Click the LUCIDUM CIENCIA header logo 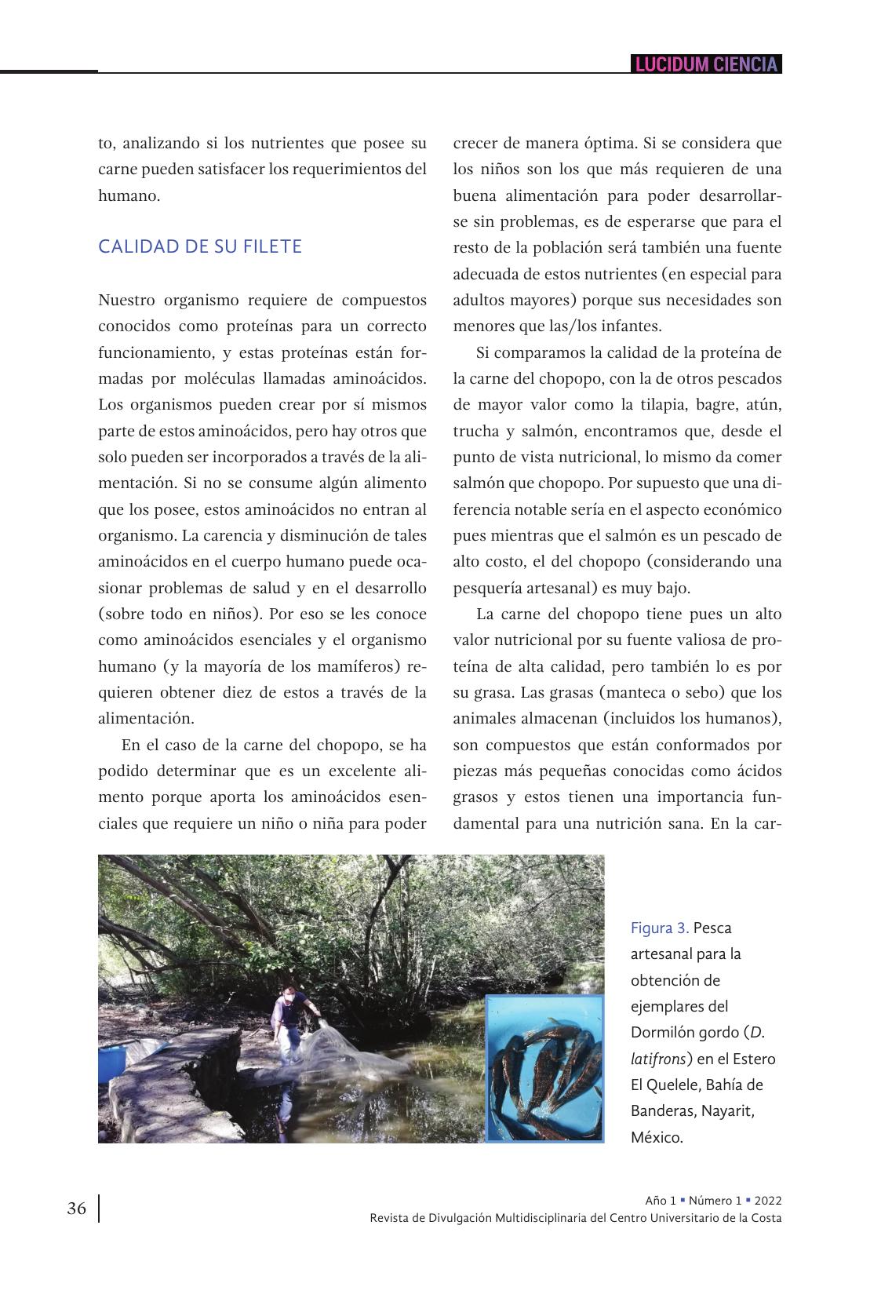pyautogui.click(x=706, y=64)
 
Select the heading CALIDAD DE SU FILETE pyautogui.click(x=200, y=246)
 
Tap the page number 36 pyautogui.click(x=77, y=1209)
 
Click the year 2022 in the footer pyautogui.click(x=768, y=1201)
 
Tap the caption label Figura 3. pyautogui.click(x=660, y=928)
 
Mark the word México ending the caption pyautogui.click(x=657, y=1137)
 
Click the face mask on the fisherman pyautogui.click(x=289, y=998)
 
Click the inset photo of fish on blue pyautogui.click(x=544, y=1067)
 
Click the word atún pyautogui.click(x=763, y=405)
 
